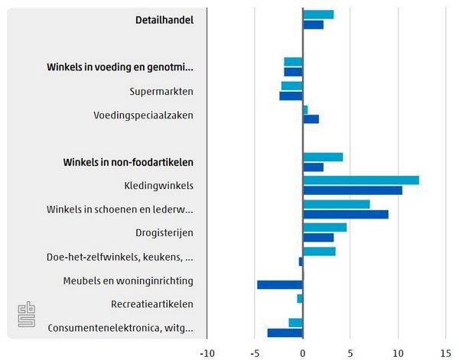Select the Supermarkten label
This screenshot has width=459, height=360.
point(161,92)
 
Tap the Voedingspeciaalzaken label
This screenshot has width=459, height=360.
point(143,115)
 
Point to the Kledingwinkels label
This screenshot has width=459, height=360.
point(158,186)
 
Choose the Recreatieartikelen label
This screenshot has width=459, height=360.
point(151,304)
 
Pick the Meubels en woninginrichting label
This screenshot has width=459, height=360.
point(128,281)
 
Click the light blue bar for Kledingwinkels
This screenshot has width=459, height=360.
point(360,180)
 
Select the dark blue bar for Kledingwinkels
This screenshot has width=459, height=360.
point(352,190)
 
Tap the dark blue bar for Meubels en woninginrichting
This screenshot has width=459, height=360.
point(280,285)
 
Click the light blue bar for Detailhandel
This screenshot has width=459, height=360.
point(318,15)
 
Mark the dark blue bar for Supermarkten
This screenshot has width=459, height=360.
point(291,96)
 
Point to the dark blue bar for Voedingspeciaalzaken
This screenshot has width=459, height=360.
point(311,119)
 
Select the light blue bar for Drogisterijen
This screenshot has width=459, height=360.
point(324,228)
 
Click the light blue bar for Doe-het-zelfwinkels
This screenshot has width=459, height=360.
point(319,251)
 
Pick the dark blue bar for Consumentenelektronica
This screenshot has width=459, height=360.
point(285,332)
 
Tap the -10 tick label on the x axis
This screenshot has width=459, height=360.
point(207,352)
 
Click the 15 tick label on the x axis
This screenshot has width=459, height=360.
point(445,352)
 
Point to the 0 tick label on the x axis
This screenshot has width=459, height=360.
point(303,352)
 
